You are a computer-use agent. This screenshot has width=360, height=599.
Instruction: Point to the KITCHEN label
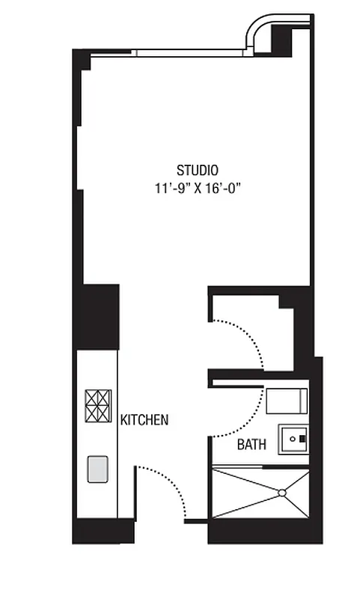coord(144,420)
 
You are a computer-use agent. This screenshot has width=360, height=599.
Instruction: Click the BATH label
coord(251,445)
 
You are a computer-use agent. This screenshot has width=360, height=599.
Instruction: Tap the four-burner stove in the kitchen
coord(97,407)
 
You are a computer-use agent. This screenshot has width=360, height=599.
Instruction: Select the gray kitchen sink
coord(97,469)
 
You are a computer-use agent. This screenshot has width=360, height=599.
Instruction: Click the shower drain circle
coord(281,492)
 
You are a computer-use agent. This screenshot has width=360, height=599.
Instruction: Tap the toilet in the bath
coord(287,402)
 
